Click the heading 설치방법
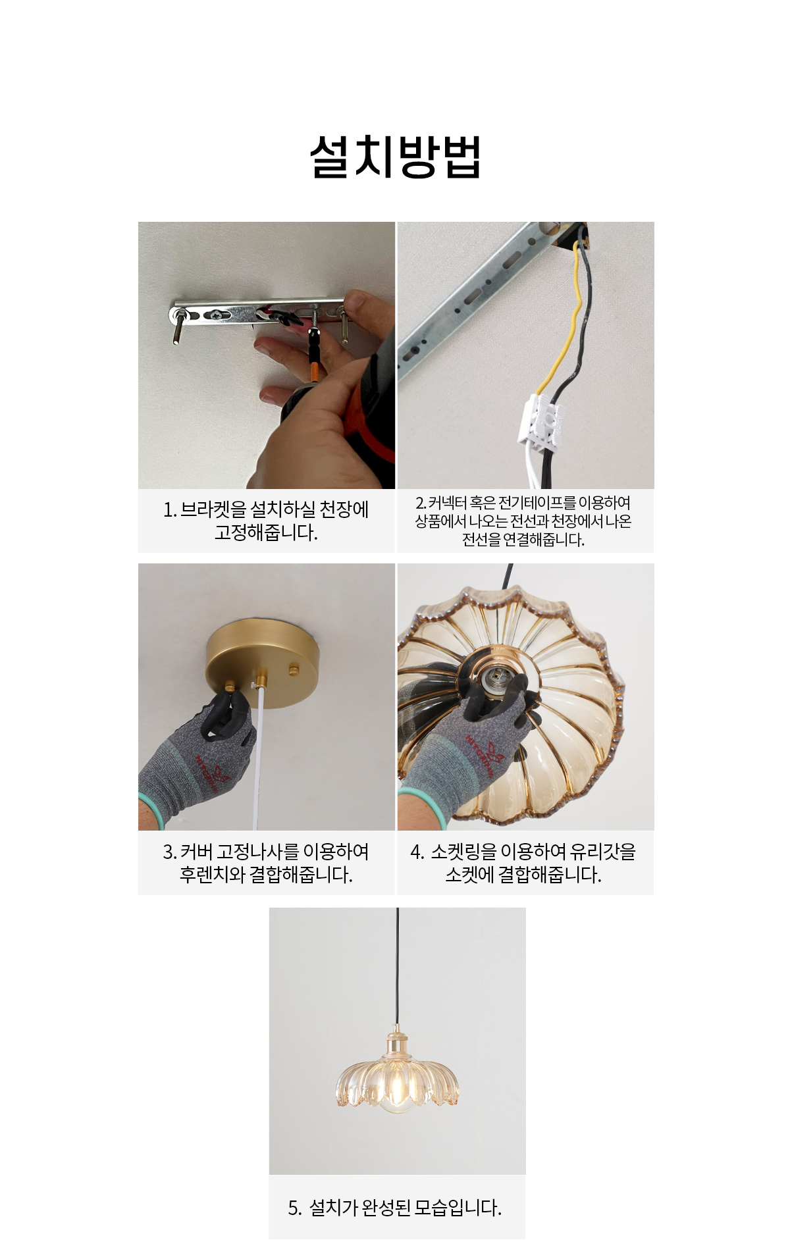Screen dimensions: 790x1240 (x=396, y=157)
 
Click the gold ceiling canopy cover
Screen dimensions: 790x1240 (x=263, y=652)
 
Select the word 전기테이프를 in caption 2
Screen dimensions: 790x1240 (x=536, y=503)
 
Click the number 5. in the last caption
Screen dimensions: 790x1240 (x=295, y=1208)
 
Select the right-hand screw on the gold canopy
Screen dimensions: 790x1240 (x=293, y=669)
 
